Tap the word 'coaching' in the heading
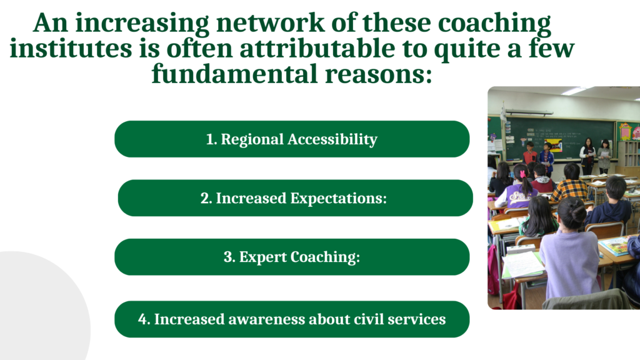click(x=494, y=24)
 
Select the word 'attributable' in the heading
click(x=317, y=48)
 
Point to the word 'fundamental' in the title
click(x=234, y=74)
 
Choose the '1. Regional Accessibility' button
click(x=292, y=139)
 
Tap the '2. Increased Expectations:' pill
click(x=295, y=198)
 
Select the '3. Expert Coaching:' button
click(x=292, y=257)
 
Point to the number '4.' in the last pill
click(x=144, y=319)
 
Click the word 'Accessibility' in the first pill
click(x=332, y=139)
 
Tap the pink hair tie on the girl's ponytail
click(x=522, y=174)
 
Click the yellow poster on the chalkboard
click(x=554, y=144)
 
